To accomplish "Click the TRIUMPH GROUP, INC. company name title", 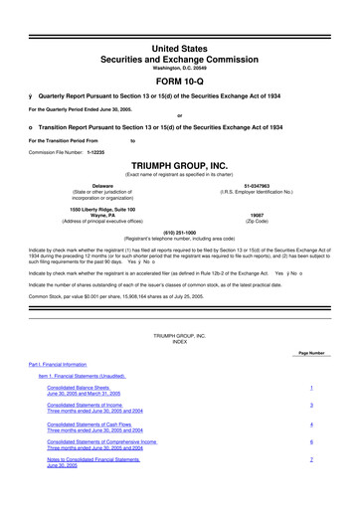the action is click(179, 167).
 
